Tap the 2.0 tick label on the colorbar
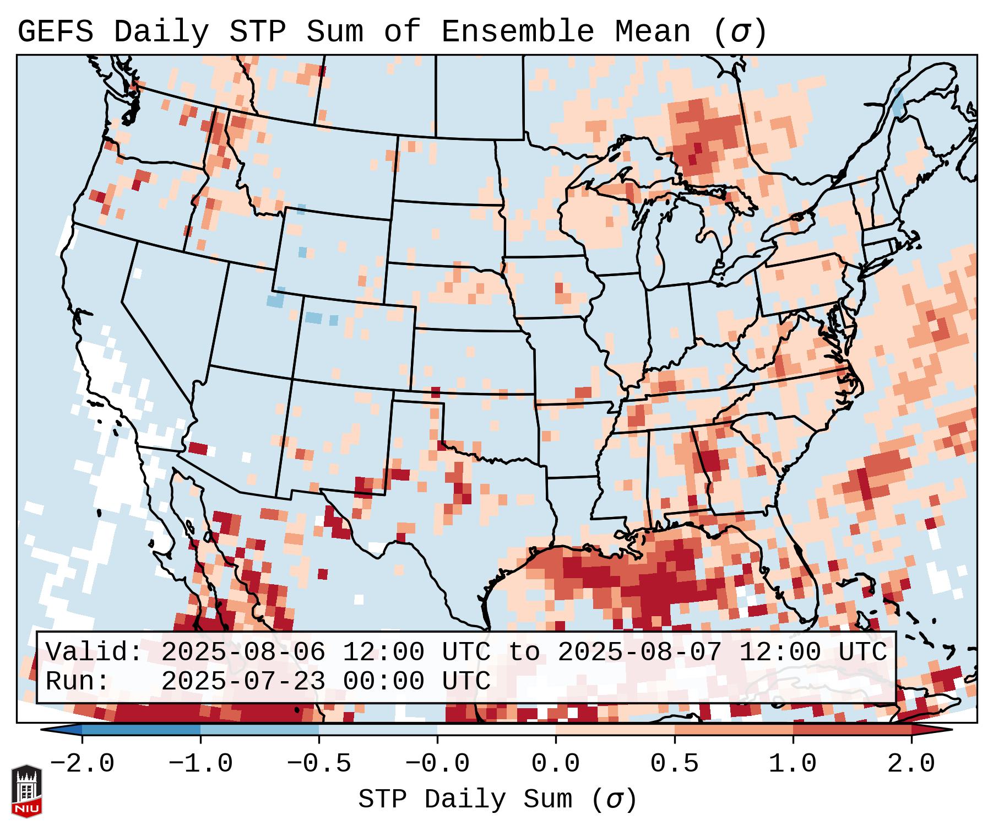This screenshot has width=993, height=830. click(911, 764)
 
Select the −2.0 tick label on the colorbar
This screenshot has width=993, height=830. click(82, 764)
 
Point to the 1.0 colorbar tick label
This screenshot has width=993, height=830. click(793, 764)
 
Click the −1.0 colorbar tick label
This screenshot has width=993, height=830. click(200, 764)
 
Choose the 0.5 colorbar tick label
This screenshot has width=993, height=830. click(674, 764)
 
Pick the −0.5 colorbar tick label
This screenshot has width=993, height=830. click(319, 764)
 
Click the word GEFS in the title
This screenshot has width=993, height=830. click(55, 32)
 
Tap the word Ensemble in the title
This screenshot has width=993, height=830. click(517, 32)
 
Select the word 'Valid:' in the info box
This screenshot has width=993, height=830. click(94, 652)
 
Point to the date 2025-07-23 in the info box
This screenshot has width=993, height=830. click(243, 681)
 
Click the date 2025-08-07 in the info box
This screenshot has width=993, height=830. click(639, 652)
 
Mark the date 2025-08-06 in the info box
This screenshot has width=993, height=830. click(243, 652)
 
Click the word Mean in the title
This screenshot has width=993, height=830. click(652, 32)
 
